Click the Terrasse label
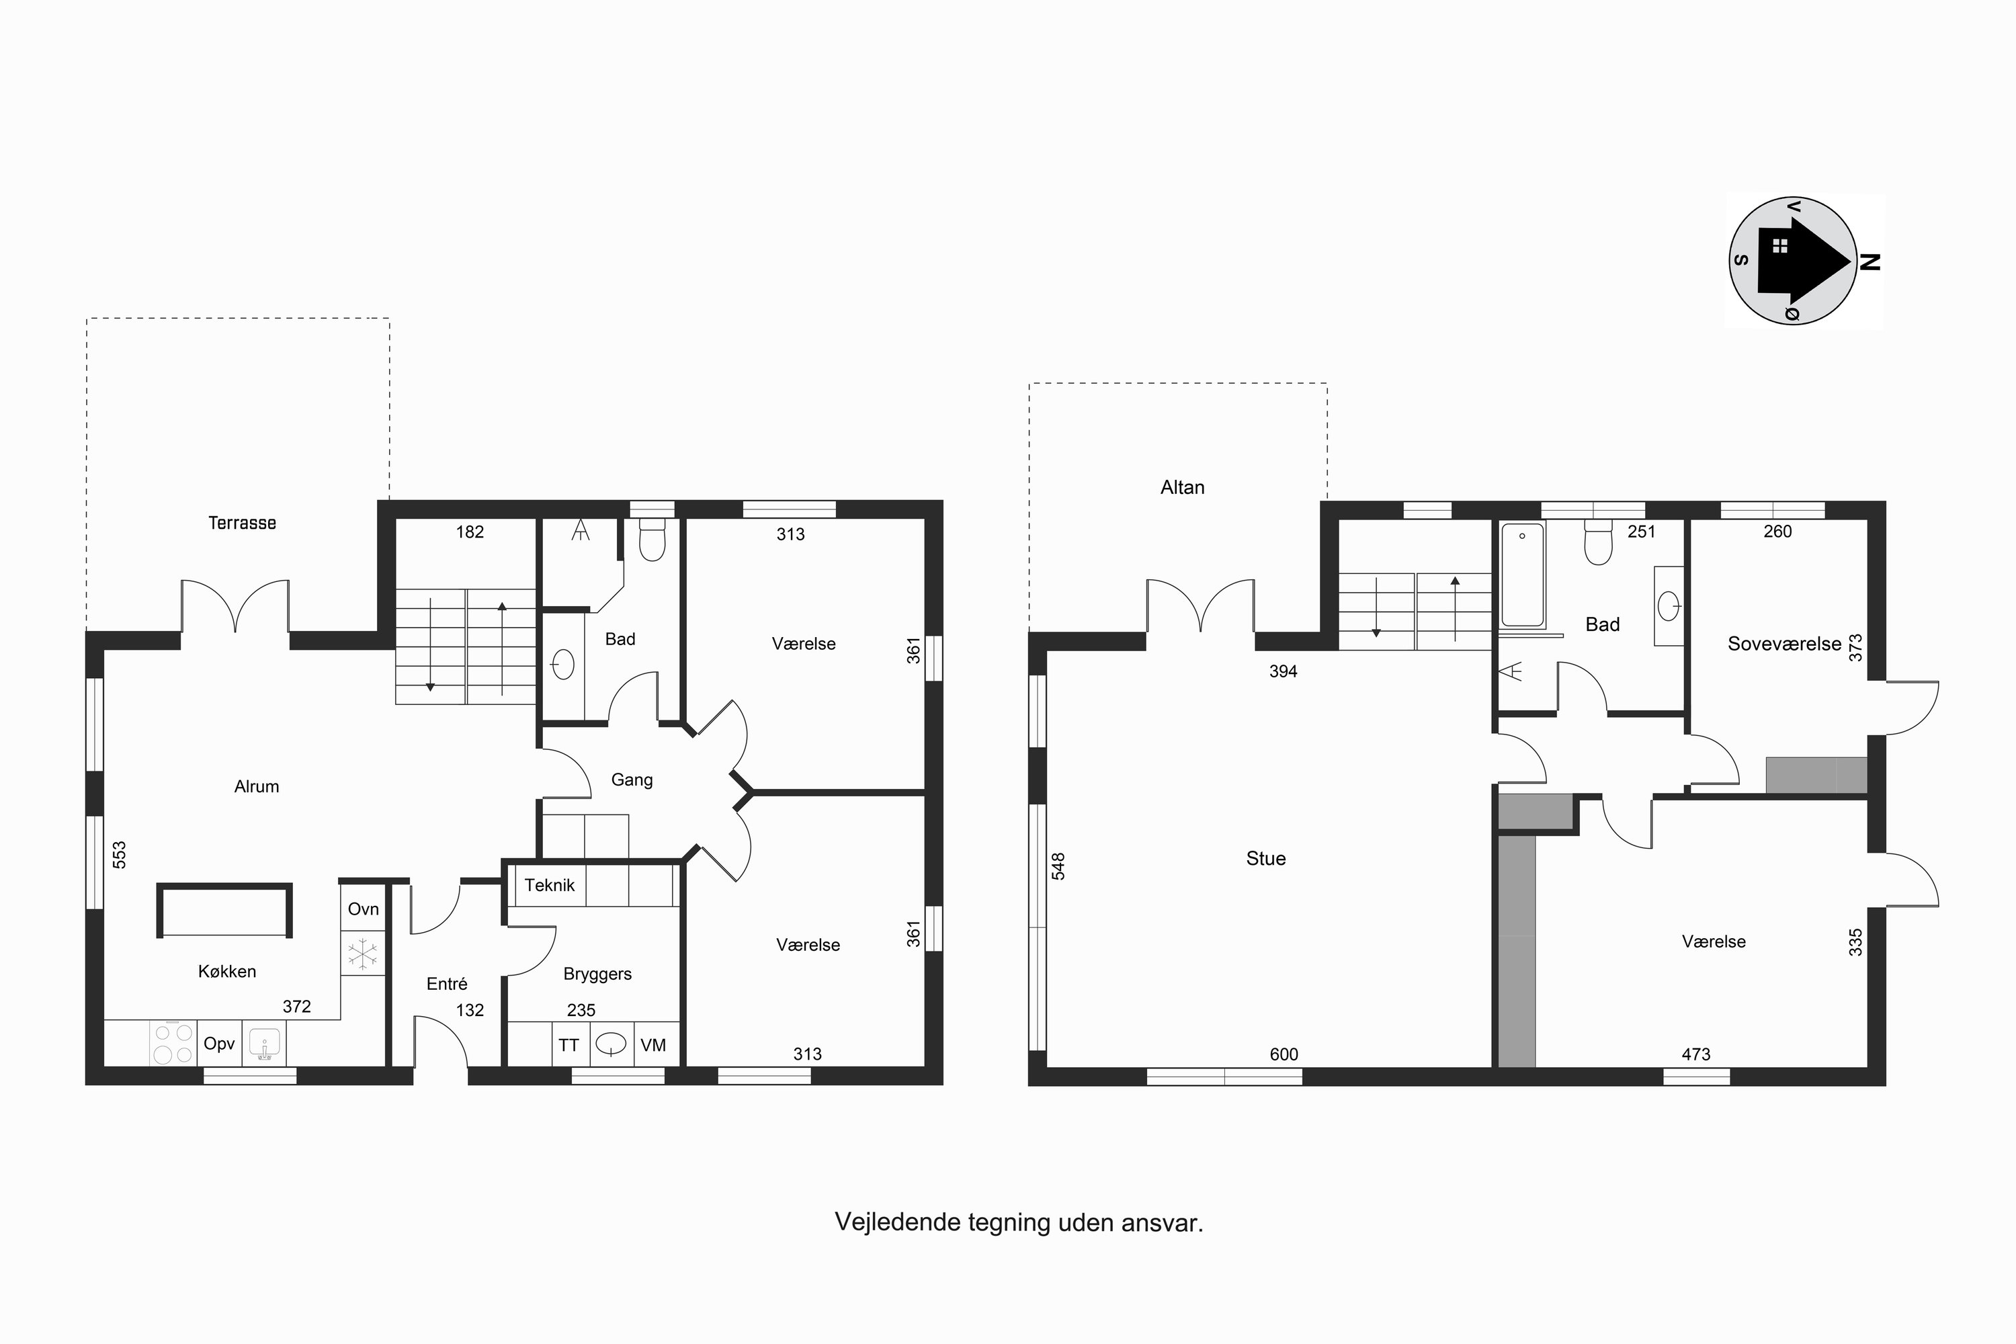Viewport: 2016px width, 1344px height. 242,523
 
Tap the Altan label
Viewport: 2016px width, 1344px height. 1182,488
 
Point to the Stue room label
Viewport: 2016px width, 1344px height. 1265,859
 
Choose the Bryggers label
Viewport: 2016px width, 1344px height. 597,974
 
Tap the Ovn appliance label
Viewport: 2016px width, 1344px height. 364,909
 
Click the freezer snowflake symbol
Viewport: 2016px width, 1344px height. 364,954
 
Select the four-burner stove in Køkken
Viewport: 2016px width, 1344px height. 172,1043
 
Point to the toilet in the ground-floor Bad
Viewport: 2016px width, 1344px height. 653,539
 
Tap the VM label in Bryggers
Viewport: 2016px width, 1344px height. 653,1045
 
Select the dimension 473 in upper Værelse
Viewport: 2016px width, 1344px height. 1695,1054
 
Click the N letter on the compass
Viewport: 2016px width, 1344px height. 1870,261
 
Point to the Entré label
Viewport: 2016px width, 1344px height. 447,984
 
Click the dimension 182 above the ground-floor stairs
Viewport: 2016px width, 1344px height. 470,532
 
